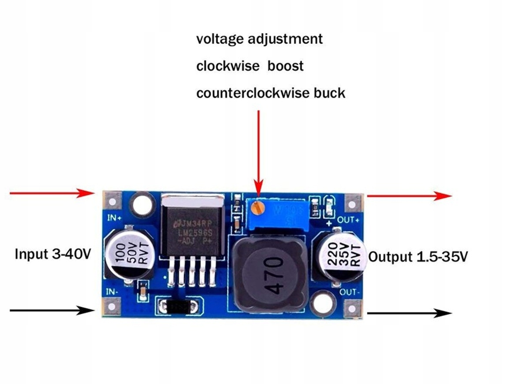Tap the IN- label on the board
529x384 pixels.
(x=112, y=292)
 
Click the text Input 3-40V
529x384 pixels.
(x=53, y=254)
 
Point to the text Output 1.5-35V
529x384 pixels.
(x=417, y=257)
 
